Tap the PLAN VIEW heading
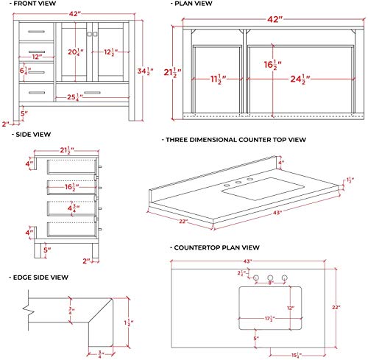[199, 5]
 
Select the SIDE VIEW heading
[32, 135]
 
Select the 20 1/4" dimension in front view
[74, 52]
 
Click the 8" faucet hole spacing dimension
[271, 282]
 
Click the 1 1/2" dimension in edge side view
[128, 322]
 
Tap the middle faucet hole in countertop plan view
[271, 277]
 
